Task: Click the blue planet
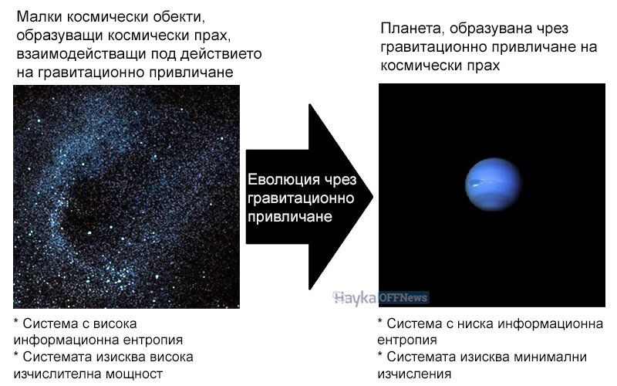tap(493, 184)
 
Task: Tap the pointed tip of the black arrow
tap(373, 197)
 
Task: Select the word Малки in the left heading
tap(39, 17)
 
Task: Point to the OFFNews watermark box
tap(403, 297)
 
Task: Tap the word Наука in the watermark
tap(355, 298)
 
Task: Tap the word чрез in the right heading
tap(551, 29)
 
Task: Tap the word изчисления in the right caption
tap(414, 374)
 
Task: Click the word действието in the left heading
tap(221, 54)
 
